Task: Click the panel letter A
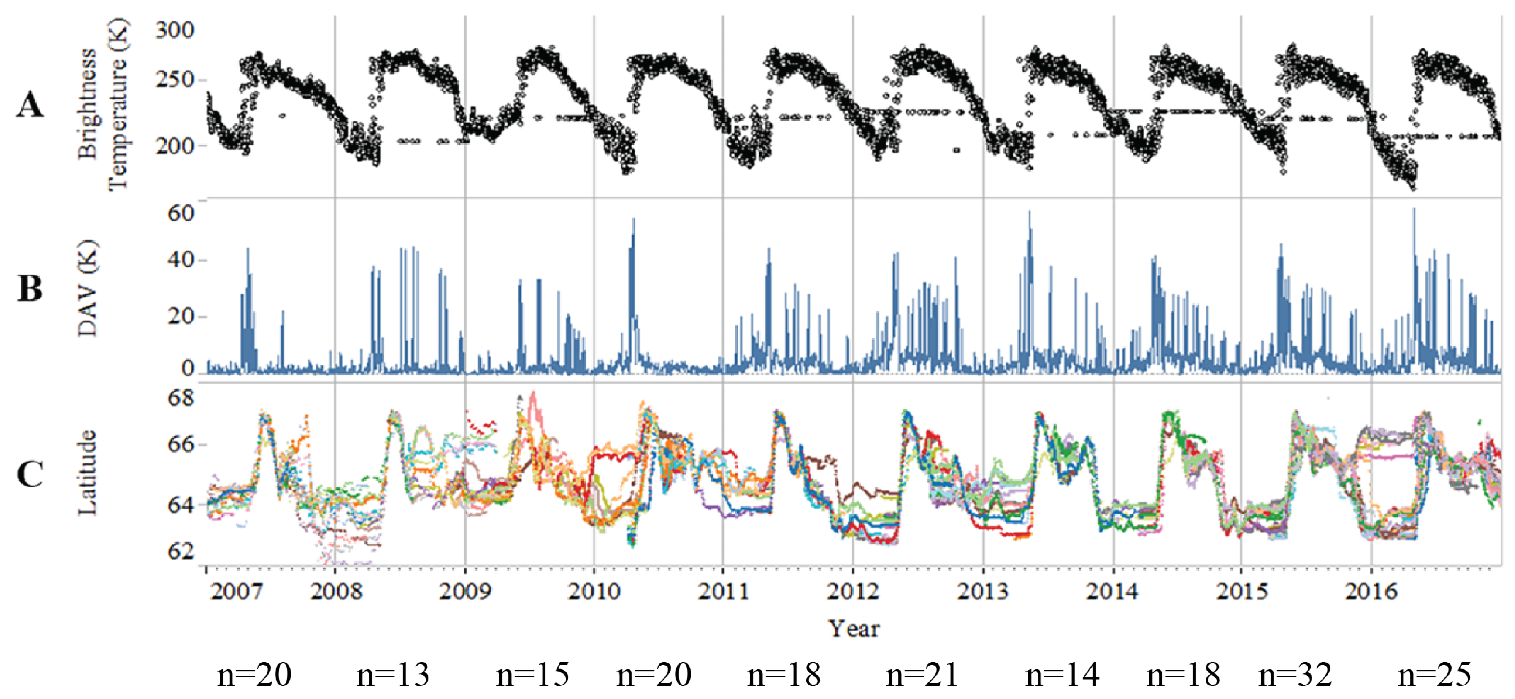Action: click(x=30, y=106)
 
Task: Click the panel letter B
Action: click(x=30, y=289)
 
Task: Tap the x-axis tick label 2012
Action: click(x=853, y=591)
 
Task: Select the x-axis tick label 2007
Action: click(x=236, y=591)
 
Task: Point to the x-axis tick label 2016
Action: click(x=1371, y=591)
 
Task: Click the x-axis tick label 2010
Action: click(x=593, y=591)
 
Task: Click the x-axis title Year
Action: click(x=854, y=628)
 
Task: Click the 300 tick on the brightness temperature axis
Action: click(x=175, y=30)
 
